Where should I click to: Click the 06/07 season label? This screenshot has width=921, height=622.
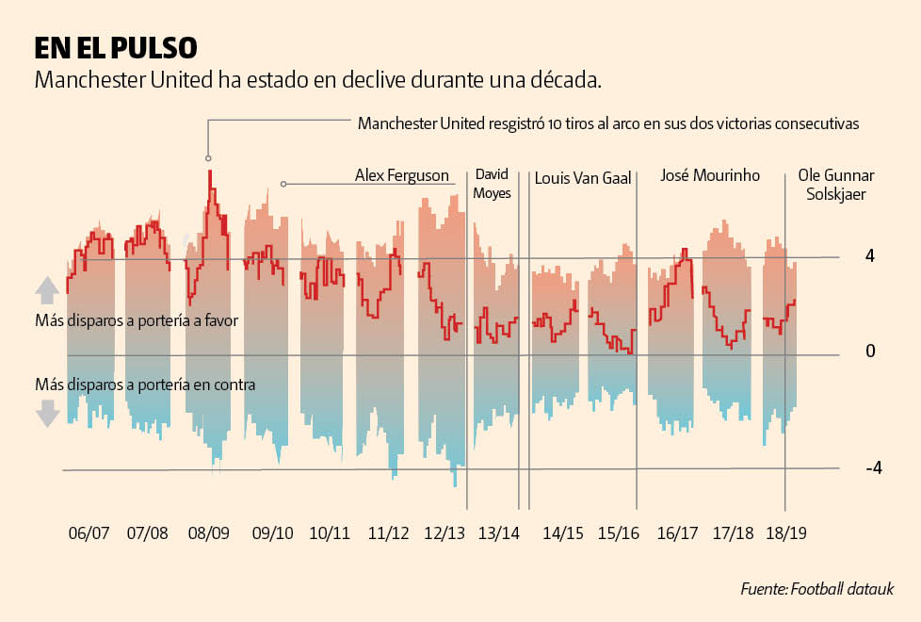click(89, 532)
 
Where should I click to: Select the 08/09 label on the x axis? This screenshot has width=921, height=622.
click(209, 532)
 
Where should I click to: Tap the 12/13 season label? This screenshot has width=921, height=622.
click(444, 532)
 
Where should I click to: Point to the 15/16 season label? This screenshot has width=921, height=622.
click(619, 532)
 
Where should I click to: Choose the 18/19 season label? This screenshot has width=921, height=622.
click(784, 532)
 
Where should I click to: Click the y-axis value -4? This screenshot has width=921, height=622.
click(873, 468)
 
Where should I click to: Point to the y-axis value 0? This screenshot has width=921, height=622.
click(871, 352)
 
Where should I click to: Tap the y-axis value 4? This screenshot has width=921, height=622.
click(871, 256)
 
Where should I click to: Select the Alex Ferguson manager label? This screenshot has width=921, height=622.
click(402, 175)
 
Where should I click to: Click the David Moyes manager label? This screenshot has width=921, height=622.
click(493, 184)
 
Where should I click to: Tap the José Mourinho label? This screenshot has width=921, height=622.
click(710, 175)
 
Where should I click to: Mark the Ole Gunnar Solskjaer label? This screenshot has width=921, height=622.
click(836, 185)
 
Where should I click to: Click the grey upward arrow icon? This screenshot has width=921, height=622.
click(48, 288)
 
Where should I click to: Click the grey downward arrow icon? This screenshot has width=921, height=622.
click(48, 413)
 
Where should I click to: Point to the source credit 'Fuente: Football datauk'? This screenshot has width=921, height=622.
click(816, 589)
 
